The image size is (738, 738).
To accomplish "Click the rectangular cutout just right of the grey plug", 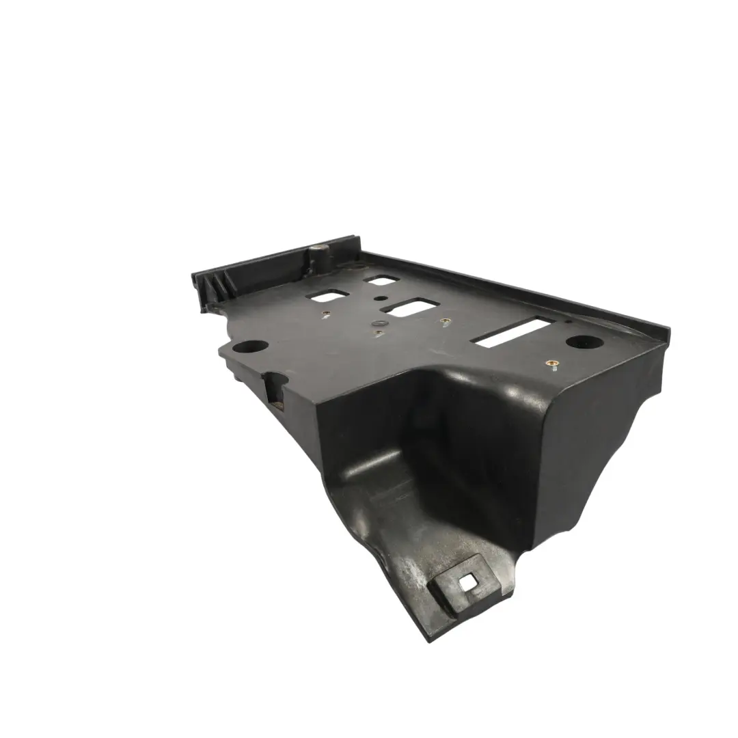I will click(410, 307).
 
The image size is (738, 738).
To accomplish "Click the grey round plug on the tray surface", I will click(377, 320).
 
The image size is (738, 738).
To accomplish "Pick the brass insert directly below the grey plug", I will click(378, 334).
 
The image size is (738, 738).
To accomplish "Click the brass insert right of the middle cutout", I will click(445, 321).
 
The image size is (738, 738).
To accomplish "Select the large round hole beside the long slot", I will click(579, 342).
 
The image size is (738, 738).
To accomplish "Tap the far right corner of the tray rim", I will click(666, 331).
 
